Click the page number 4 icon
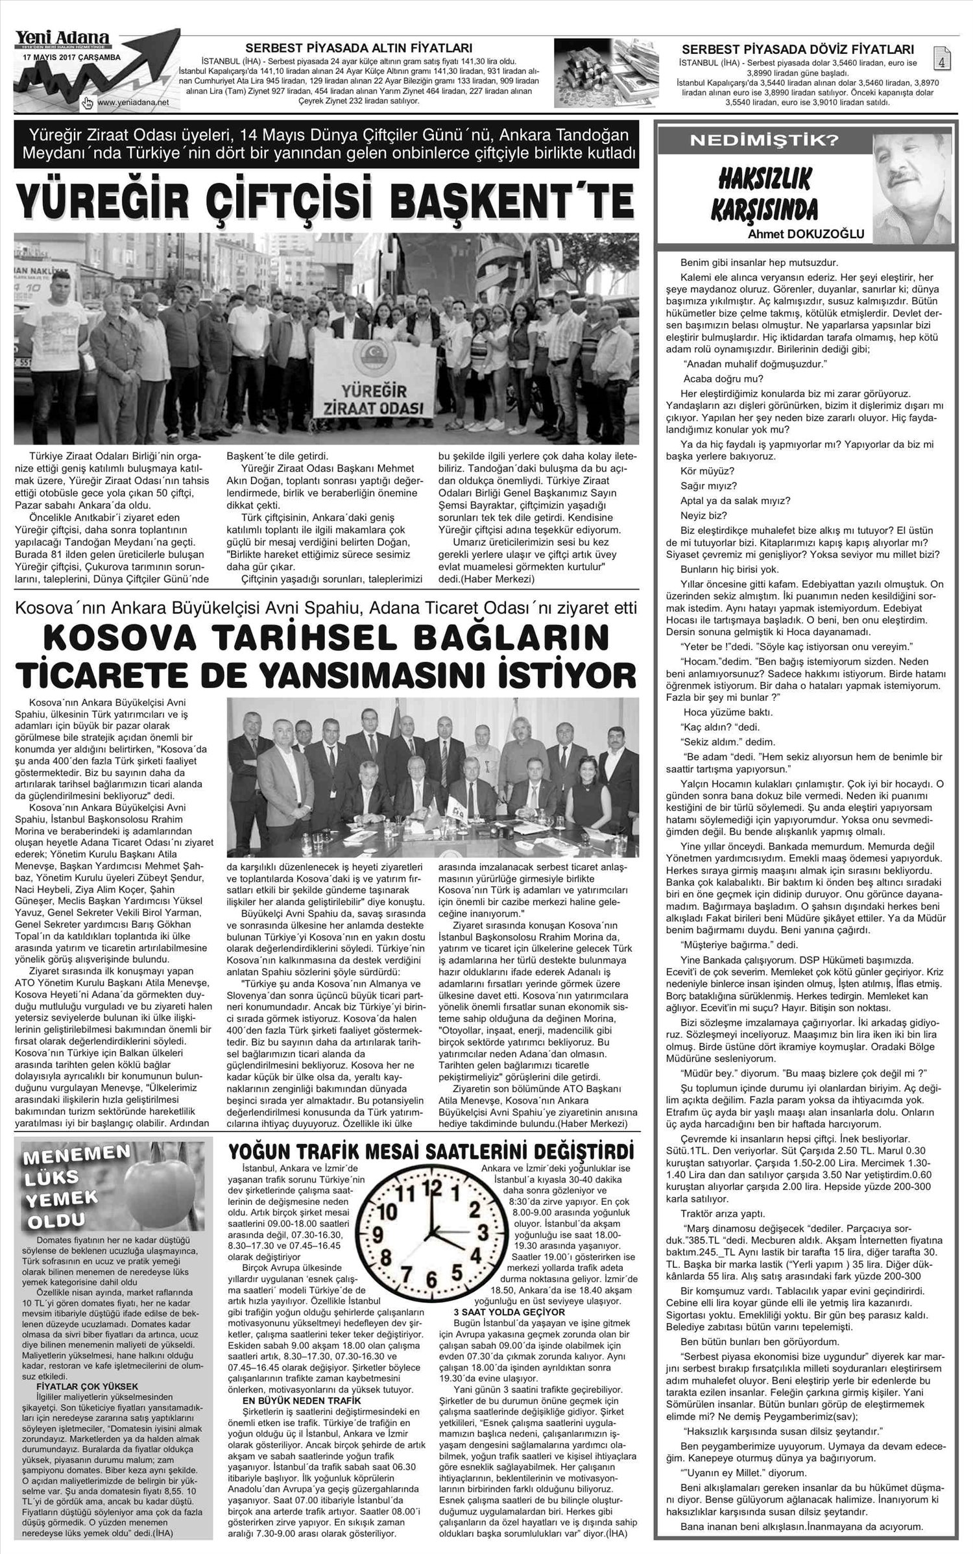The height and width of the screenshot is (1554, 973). [x=941, y=60]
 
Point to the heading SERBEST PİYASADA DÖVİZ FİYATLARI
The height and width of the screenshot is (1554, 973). [x=799, y=49]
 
